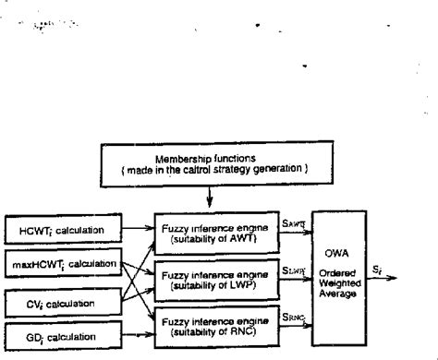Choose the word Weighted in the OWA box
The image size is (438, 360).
coord(347,283)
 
